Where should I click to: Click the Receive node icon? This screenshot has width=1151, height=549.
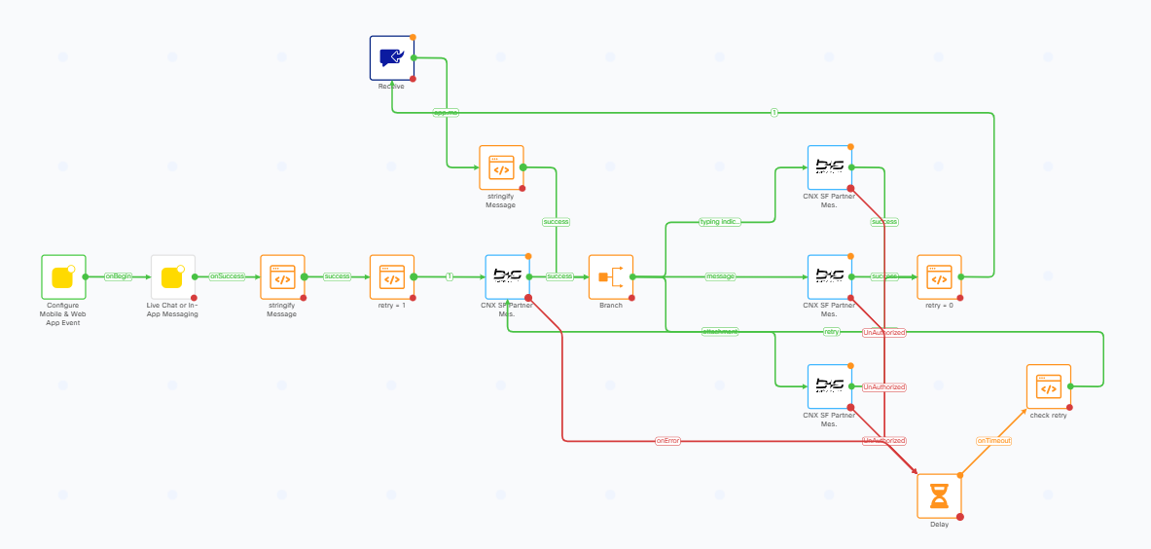[391, 58]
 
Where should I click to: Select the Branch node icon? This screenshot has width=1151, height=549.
[611, 277]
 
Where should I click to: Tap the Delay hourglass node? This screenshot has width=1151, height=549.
[939, 496]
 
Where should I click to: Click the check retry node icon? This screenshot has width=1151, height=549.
[1049, 387]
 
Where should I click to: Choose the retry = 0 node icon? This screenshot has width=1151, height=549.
[939, 277]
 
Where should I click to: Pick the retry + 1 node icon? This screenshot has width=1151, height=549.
[392, 277]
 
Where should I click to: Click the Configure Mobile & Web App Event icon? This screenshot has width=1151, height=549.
[63, 277]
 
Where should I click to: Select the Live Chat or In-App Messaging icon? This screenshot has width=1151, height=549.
[172, 277]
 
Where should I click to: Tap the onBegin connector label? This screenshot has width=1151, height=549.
[119, 276]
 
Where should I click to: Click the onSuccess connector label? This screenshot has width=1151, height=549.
[228, 276]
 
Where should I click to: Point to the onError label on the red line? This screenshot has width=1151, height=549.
[667, 441]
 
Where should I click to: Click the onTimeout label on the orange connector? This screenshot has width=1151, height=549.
[993, 441]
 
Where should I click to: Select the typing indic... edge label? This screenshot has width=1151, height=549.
[720, 222]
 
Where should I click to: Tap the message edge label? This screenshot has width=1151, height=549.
[720, 276]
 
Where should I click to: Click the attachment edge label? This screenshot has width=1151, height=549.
[720, 332]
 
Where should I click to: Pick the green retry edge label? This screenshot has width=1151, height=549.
[831, 332]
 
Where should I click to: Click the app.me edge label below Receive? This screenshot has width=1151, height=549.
[446, 113]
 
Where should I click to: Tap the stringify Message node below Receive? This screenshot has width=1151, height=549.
[501, 168]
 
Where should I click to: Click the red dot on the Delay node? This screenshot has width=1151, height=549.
[959, 517]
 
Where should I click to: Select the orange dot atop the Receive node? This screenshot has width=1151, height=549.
[413, 37]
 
